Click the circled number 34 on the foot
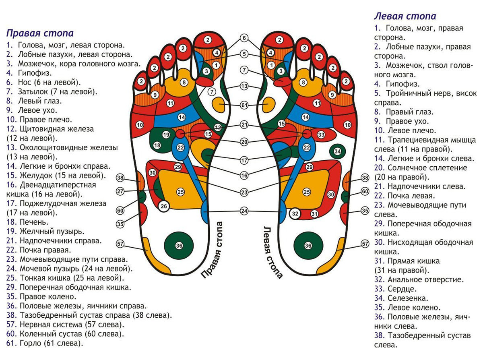(x=337, y=151)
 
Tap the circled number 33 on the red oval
(x=321, y=134)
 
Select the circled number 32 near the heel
(x=295, y=213)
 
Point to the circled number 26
(x=164, y=206)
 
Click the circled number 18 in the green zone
(x=157, y=145)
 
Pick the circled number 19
(x=166, y=134)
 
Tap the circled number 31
(x=314, y=214)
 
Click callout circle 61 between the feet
(x=244, y=105)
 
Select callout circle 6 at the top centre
(x=244, y=38)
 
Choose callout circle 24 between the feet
(x=244, y=211)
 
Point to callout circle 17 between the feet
(x=244, y=161)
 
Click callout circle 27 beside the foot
(x=120, y=191)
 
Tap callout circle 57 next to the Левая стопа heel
(x=365, y=244)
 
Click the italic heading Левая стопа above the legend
(x=405, y=16)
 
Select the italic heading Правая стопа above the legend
(x=40, y=33)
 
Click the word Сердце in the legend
(x=402, y=289)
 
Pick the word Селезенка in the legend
(x=408, y=298)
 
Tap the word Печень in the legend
(x=34, y=222)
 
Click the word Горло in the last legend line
(x=30, y=343)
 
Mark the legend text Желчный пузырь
(x=52, y=231)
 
